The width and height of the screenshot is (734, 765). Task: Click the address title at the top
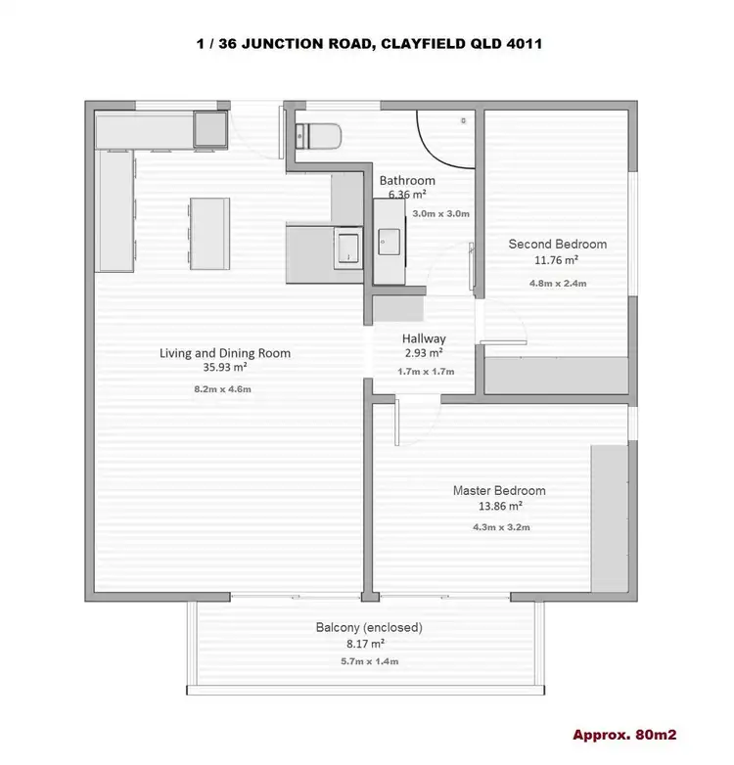(x=367, y=43)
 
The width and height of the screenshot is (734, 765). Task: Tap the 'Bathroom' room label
(x=407, y=181)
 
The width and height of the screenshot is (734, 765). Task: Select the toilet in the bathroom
(x=317, y=135)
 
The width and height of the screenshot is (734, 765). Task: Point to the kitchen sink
(x=347, y=247)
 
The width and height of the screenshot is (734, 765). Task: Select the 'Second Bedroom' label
(x=557, y=245)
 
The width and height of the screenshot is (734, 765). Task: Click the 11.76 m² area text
(x=557, y=260)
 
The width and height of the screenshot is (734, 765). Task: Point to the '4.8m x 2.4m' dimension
(x=557, y=284)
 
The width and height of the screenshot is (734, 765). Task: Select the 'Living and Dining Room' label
(x=225, y=353)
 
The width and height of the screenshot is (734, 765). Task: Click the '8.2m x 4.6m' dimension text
(x=225, y=389)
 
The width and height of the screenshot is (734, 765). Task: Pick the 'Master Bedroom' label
(x=499, y=490)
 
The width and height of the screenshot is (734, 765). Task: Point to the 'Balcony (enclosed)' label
(x=369, y=628)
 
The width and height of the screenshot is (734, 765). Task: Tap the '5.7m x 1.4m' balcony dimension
(x=369, y=661)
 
